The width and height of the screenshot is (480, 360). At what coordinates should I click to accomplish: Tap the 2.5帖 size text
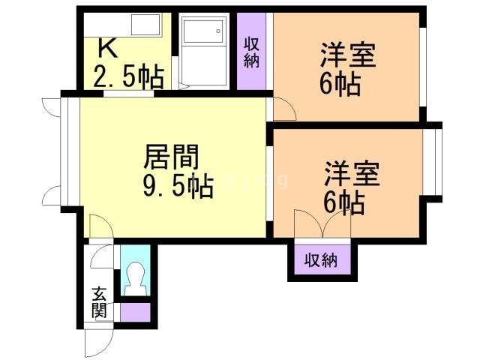pos(127,76)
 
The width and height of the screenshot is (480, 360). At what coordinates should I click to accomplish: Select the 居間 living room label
pos(172,158)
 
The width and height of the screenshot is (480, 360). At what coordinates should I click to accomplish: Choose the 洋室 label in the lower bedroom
pos(352,173)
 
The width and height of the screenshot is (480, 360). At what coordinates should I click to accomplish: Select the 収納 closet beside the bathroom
pos(252,50)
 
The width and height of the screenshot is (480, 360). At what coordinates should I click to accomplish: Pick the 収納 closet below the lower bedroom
pos(321,260)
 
